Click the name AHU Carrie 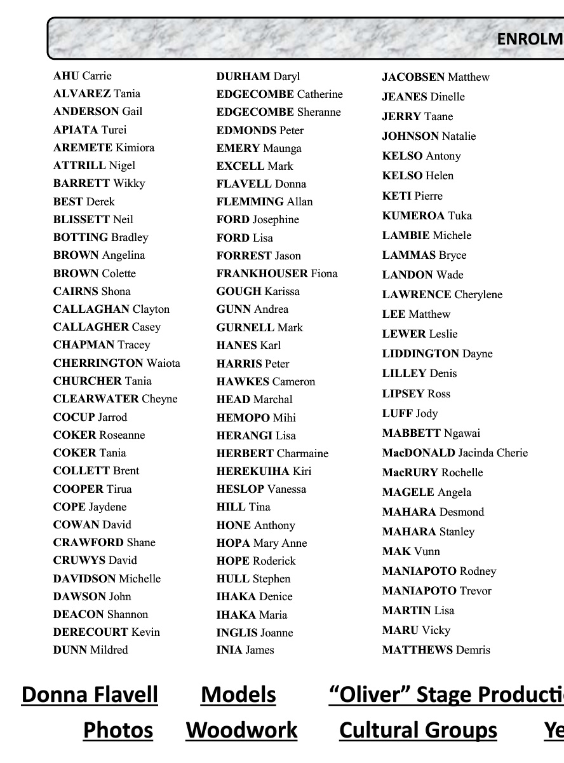pyautogui.click(x=83, y=76)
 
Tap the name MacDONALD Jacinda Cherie pyautogui.click(x=455, y=453)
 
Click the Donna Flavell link pyautogui.click(x=90, y=694)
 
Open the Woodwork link pyautogui.click(x=241, y=730)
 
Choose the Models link pyautogui.click(x=238, y=694)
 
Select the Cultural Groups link pyautogui.click(x=418, y=730)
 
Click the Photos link pyautogui.click(x=118, y=730)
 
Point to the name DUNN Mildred pyautogui.click(x=91, y=650)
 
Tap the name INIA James pyautogui.click(x=245, y=650)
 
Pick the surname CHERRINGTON pyautogui.click(x=98, y=363)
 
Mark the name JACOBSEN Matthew pyautogui.click(x=436, y=77)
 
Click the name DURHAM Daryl pyautogui.click(x=258, y=76)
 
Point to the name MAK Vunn pyautogui.click(x=411, y=551)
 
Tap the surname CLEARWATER pyautogui.click(x=96, y=399)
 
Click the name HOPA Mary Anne pyautogui.click(x=262, y=543)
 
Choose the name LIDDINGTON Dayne pyautogui.click(x=437, y=354)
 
